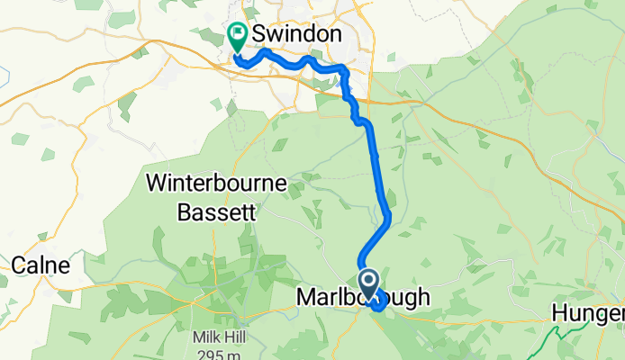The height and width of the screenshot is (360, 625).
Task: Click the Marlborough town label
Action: (364, 298)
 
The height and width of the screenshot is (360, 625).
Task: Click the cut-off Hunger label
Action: (591, 313)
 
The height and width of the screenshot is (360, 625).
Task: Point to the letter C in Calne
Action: (20, 265)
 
